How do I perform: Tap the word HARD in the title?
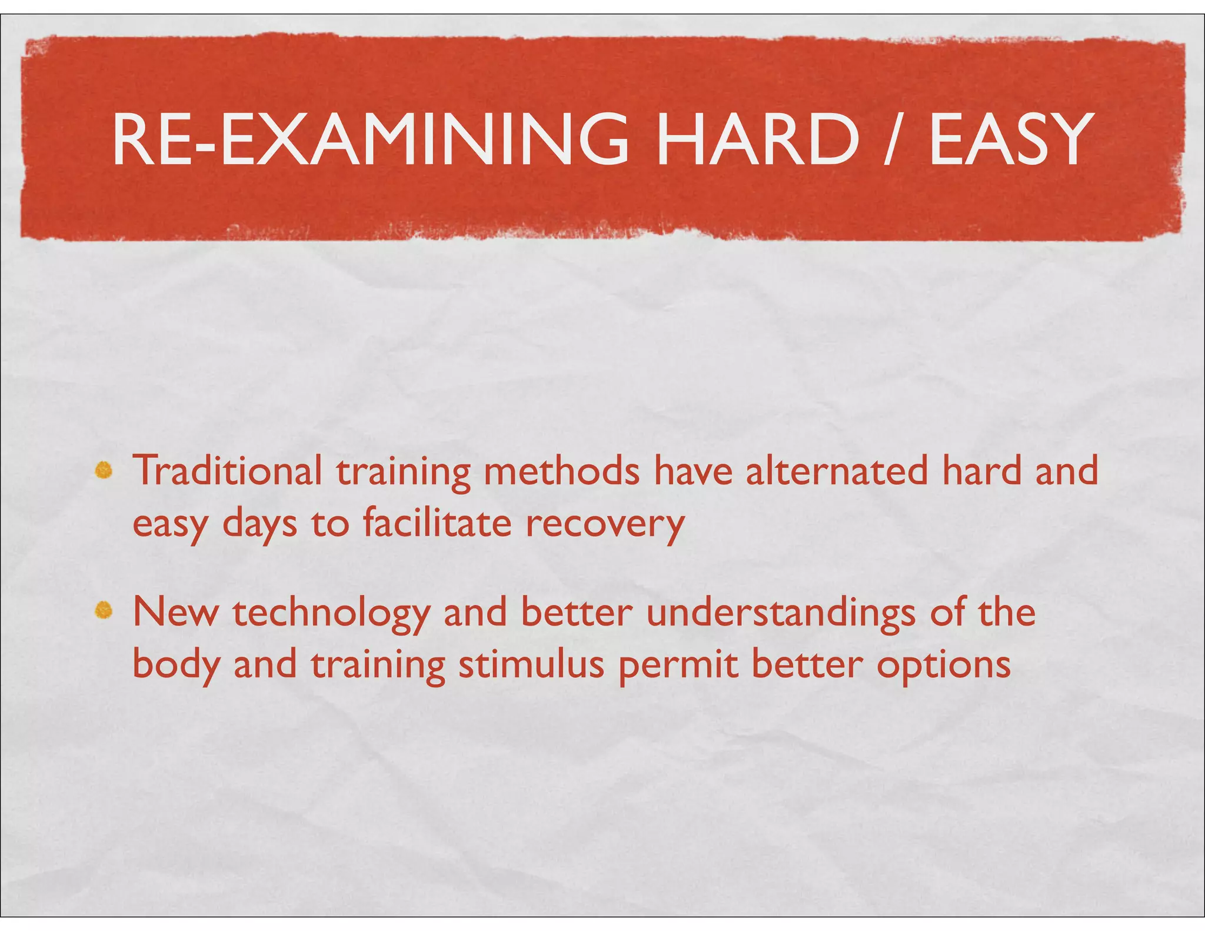tap(757, 140)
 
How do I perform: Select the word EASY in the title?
tap(1008, 140)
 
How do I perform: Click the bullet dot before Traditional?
tap(104, 470)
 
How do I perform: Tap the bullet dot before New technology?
tap(104, 611)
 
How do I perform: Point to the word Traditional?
tap(228, 471)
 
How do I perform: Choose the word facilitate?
tap(437, 523)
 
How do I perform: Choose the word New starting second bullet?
tap(175, 612)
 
